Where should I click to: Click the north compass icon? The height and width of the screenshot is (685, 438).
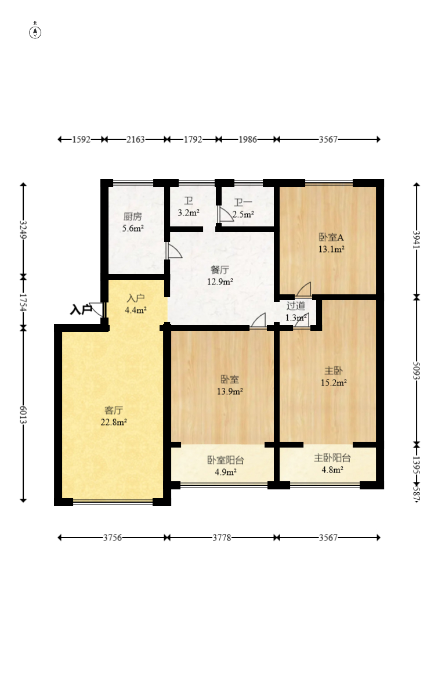point(35,32)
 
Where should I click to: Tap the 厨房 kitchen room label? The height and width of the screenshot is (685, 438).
point(133,217)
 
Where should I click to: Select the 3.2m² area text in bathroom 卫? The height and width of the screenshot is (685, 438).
point(189,213)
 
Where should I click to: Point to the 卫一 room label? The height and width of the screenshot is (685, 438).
point(243,203)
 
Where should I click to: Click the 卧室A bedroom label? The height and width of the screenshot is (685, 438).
point(331,237)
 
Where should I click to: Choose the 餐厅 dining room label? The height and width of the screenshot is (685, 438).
point(220,270)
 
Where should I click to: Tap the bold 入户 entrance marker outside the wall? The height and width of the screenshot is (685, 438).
point(81,310)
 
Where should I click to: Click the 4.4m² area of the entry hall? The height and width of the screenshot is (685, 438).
point(136,311)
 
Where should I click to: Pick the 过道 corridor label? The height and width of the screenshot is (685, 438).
point(296,306)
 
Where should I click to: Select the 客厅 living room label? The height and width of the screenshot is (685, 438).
point(114,410)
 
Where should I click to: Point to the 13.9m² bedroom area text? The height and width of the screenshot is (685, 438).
point(230,391)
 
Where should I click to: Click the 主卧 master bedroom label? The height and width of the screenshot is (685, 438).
point(333,371)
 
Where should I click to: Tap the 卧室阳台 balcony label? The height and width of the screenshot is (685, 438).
point(225,460)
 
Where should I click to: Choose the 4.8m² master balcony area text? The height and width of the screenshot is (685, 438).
point(332,470)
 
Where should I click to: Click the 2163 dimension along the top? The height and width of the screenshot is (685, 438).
point(135,139)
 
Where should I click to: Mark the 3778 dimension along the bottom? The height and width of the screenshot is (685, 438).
point(222,538)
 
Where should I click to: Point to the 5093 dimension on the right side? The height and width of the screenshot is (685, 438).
point(416,370)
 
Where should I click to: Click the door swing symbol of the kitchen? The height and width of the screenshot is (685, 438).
point(173,251)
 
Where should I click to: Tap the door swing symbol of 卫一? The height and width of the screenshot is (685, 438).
point(225,215)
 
